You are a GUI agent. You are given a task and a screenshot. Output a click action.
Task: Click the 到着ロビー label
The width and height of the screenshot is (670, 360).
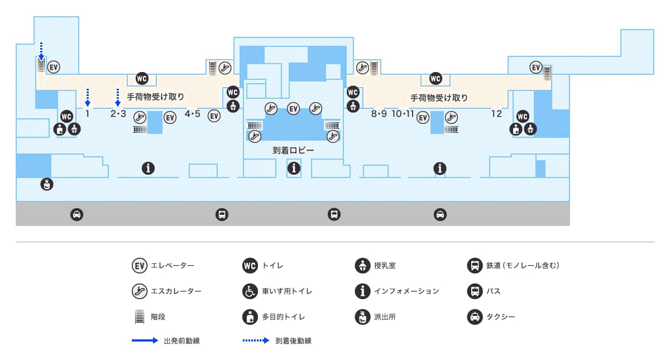coord(293,151)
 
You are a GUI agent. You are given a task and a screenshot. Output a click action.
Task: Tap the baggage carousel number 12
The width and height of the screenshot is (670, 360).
coord(496,114)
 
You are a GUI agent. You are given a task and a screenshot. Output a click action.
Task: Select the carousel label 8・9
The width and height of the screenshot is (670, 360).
coord(379,114)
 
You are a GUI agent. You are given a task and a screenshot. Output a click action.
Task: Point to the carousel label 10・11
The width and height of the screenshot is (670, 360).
coord(403,114)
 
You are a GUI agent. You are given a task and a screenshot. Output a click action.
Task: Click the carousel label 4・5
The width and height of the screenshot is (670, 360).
coord(192,114)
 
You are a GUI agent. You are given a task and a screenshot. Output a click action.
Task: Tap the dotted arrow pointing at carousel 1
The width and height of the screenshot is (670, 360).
coord(88,97)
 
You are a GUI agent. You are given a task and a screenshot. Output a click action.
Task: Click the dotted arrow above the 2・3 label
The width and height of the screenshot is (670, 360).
coord(118,97)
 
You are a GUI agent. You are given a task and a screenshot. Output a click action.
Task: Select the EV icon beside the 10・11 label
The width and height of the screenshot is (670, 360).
coord(423,117)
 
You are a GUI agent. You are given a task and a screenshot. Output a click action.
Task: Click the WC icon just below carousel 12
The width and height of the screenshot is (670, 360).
coord(523,116)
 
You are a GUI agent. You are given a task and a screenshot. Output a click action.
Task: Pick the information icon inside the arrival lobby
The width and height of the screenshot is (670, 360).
coord(294,167)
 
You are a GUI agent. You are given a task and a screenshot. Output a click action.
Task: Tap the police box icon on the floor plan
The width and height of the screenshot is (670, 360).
coord(47,184)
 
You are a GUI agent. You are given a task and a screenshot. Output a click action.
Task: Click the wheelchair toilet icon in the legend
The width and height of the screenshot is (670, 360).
coord(250,291)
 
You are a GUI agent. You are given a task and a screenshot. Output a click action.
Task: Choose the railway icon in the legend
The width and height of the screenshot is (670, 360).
coord(474,265)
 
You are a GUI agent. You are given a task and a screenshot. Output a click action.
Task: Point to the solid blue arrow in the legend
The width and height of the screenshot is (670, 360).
coord(145,340)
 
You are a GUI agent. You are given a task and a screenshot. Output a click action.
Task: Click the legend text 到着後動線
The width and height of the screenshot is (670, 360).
coord(293,341)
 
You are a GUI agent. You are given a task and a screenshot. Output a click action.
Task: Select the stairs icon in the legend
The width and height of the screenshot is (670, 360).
coord(138,317)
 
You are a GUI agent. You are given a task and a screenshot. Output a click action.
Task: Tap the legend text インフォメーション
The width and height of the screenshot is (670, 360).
coord(406,291)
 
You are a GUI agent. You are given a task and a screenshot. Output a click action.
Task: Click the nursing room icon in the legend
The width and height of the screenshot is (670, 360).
coord(362,265)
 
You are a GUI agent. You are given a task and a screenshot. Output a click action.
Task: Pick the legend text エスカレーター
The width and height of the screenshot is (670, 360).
coord(176,291)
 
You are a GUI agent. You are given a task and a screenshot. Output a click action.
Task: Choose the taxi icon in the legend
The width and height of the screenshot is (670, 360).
coord(474,317)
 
